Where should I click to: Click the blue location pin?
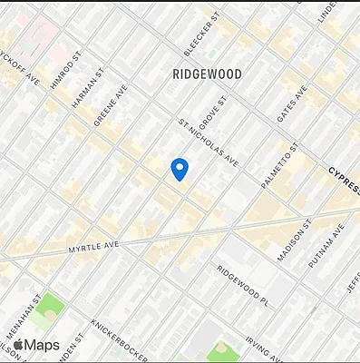point(180,169)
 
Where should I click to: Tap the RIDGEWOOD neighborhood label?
point(206,74)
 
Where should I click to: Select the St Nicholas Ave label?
point(209,143)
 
